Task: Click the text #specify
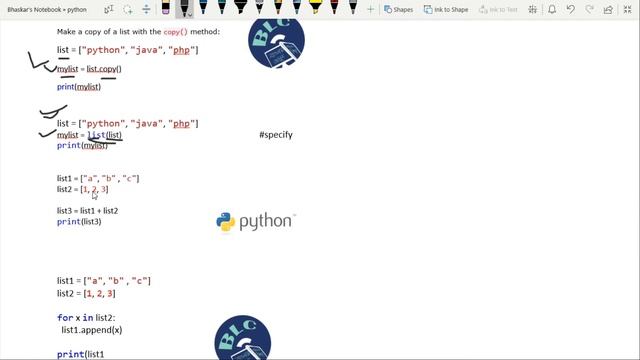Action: pyautogui.click(x=275, y=134)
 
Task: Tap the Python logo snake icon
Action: pyautogui.click(x=226, y=222)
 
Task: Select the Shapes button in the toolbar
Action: pyautogui.click(x=398, y=9)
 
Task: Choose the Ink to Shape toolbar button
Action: pyautogui.click(x=444, y=9)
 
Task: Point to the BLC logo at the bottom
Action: pyautogui.click(x=243, y=341)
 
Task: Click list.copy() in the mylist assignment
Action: pyautogui.click(x=103, y=69)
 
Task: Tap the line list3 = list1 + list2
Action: pyautogui.click(x=87, y=211)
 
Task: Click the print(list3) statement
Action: pyautogui.click(x=79, y=221)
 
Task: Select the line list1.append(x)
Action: pyautogui.click(x=91, y=329)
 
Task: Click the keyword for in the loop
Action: pyautogui.click(x=64, y=317)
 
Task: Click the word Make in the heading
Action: pyautogui.click(x=67, y=32)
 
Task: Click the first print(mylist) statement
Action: pyautogui.click(x=79, y=87)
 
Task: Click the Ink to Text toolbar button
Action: pyautogui.click(x=497, y=9)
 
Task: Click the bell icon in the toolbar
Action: pyautogui.click(x=553, y=9)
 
